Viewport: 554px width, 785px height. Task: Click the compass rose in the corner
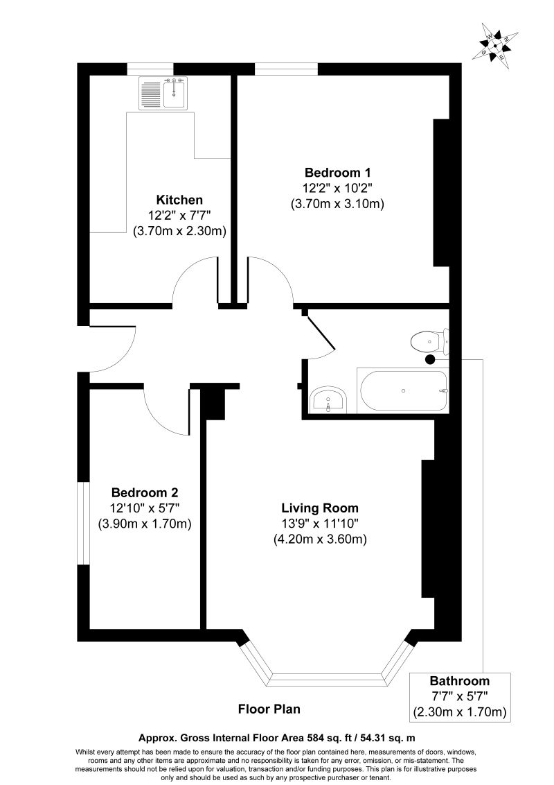(x=496, y=46)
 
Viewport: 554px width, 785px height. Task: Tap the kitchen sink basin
(x=173, y=94)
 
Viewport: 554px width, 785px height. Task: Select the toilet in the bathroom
(x=429, y=342)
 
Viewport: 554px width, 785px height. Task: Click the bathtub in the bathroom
(x=402, y=390)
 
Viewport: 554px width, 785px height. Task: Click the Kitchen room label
(x=179, y=200)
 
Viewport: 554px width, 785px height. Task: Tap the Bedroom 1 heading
(x=337, y=173)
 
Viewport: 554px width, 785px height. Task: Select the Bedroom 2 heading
(x=145, y=492)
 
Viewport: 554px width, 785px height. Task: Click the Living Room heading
(x=320, y=508)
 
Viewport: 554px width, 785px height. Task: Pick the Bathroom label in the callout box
(x=460, y=681)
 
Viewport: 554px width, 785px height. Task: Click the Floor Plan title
(x=269, y=709)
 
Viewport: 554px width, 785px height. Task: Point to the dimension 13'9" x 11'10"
(x=320, y=524)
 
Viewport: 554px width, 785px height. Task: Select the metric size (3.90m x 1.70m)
(x=145, y=524)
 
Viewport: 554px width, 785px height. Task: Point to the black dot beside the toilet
(x=429, y=359)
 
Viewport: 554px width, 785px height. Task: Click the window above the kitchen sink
(x=150, y=69)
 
